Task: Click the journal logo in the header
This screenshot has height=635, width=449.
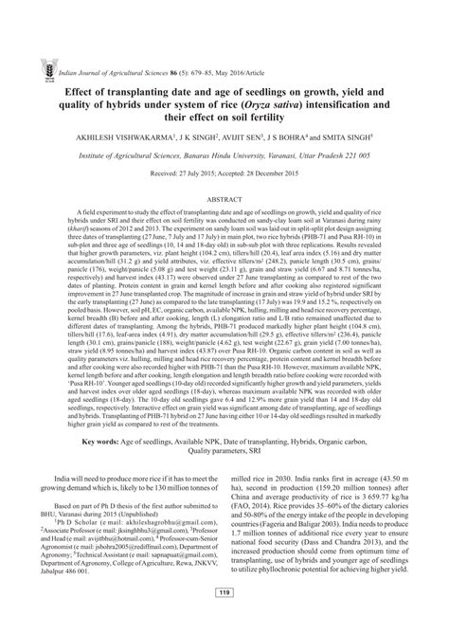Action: [x=35, y=17]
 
